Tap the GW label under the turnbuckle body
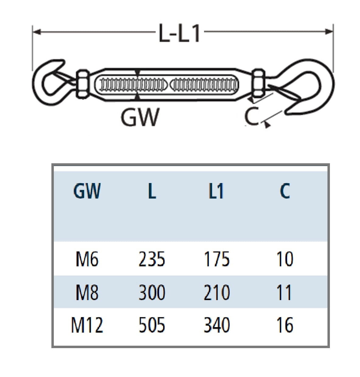[140, 117]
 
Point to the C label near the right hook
[251, 116]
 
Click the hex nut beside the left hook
[82, 84]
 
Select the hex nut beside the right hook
[259, 84]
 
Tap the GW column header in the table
[87, 191]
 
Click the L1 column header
[216, 191]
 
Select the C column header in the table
[285, 191]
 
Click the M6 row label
[87, 260]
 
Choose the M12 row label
[87, 325]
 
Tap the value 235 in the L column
[152, 260]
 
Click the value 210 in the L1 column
[216, 292]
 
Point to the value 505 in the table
[152, 325]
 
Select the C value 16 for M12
[285, 325]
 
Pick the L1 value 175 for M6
[216, 260]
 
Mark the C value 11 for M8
[285, 292]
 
